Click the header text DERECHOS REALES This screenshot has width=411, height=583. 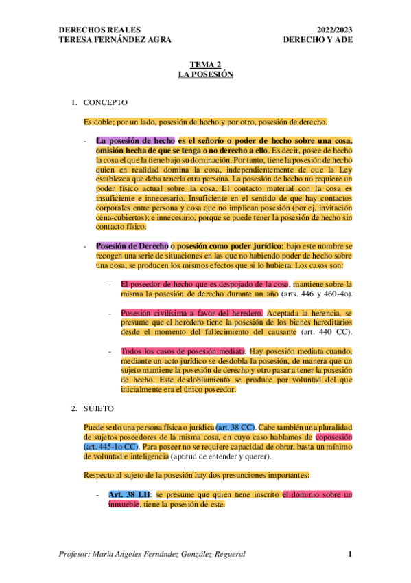[x=100, y=30]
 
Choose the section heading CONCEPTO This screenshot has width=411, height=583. [x=105, y=103]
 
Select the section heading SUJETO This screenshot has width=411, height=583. [x=101, y=408]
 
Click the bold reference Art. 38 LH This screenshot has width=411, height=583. [x=130, y=494]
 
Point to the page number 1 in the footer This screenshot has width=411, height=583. [x=349, y=554]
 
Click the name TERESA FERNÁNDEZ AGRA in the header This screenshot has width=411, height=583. [x=110, y=39]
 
